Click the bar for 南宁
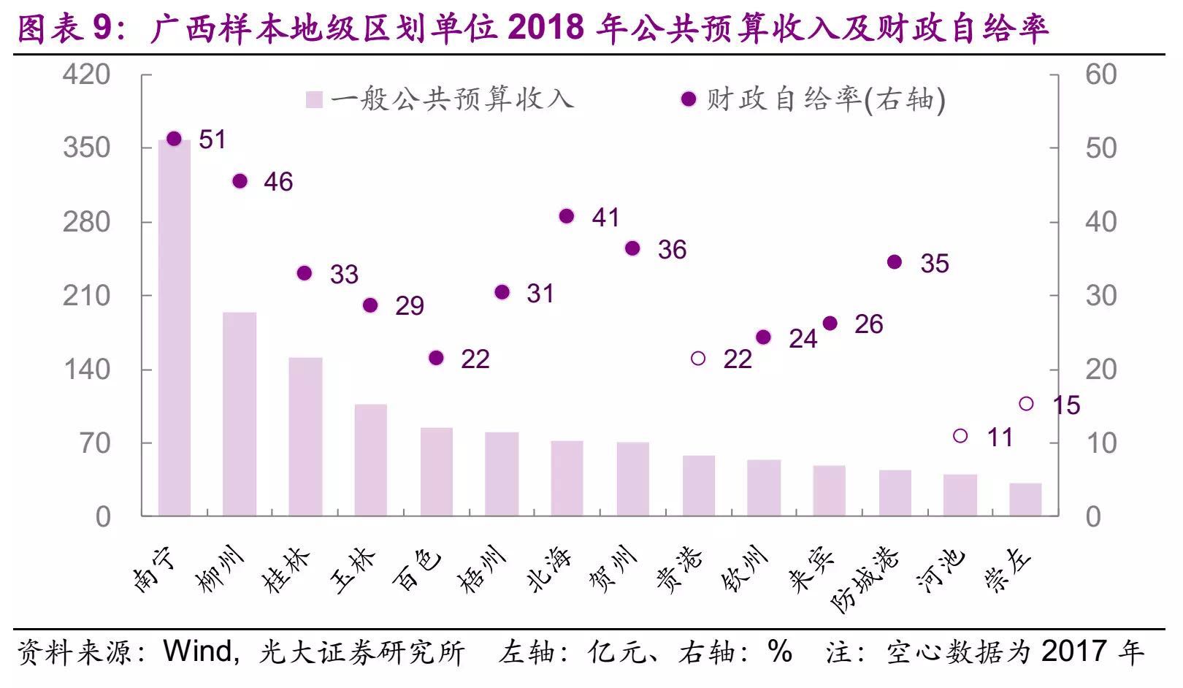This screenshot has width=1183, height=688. [175, 329]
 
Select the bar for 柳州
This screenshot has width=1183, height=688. [240, 414]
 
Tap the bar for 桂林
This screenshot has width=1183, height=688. [305, 437]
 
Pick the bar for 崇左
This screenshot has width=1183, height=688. [1025, 500]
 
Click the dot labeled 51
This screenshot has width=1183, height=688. [174, 139]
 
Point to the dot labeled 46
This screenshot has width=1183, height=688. [240, 181]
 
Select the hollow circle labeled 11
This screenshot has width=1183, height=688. [960, 436]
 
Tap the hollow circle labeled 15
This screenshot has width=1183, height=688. [1026, 404]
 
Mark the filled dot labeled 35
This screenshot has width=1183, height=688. [895, 262]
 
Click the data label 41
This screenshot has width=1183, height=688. [605, 218]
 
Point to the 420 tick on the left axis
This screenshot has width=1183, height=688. [87, 74]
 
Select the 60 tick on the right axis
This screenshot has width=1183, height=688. [1100, 74]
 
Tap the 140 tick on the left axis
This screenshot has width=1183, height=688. [87, 369]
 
